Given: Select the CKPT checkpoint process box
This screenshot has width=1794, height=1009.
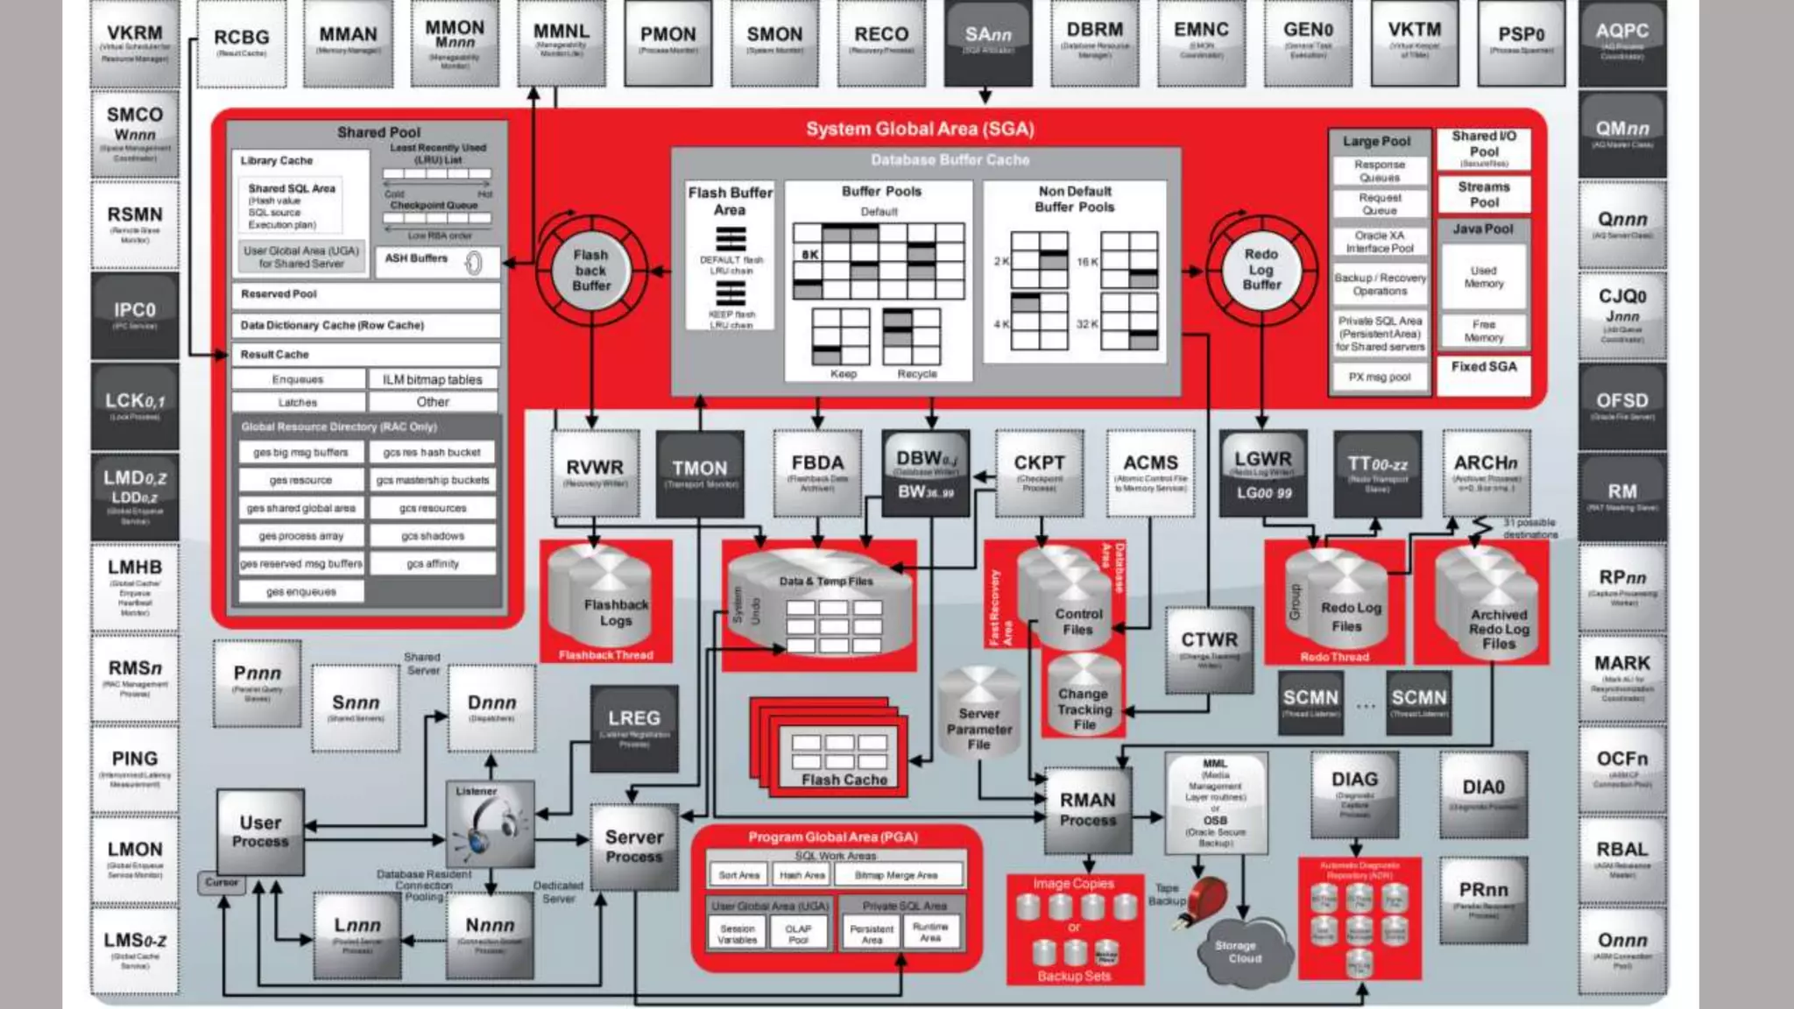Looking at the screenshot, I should (1039, 472).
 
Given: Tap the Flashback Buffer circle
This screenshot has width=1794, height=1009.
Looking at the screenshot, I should (591, 269).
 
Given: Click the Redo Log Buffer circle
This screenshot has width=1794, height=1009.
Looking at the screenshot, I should (1261, 269).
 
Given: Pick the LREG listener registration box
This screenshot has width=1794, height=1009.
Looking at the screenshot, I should (633, 728).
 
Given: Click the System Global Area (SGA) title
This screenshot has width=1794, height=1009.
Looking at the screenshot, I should (920, 130).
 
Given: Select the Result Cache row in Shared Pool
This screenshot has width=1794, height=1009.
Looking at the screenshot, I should (365, 355).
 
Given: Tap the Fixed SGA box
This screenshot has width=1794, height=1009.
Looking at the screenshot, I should (1483, 368).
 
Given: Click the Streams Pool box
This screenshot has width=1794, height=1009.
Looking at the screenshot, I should (1483, 194).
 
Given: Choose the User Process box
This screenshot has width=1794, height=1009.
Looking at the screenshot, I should (260, 831).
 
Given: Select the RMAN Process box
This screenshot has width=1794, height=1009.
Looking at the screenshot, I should (1088, 810).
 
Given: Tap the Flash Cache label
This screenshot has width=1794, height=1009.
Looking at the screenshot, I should (844, 780).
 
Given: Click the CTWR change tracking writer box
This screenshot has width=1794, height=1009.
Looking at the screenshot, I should (1209, 649).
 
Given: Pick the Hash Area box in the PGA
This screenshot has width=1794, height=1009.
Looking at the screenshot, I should (802, 875).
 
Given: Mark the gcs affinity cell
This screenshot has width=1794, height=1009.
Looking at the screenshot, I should (433, 564).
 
